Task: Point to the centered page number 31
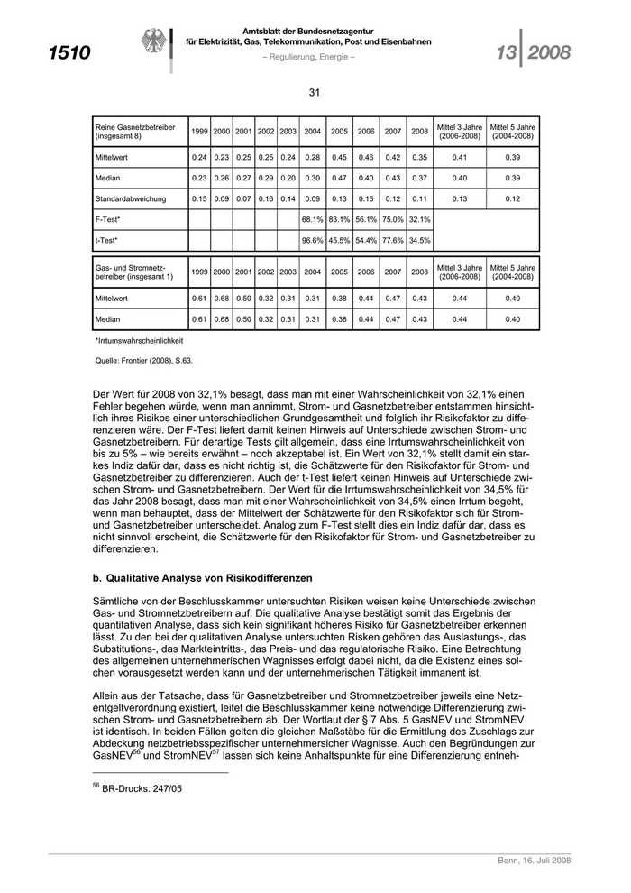315,92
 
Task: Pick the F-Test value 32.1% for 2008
420,219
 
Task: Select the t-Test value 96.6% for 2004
313,241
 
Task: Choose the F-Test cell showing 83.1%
340,219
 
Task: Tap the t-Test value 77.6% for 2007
393,241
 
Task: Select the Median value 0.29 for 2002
266,178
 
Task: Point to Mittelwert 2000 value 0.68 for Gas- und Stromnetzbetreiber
222,298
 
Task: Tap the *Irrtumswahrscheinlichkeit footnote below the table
139,341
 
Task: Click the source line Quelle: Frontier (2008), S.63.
144,360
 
